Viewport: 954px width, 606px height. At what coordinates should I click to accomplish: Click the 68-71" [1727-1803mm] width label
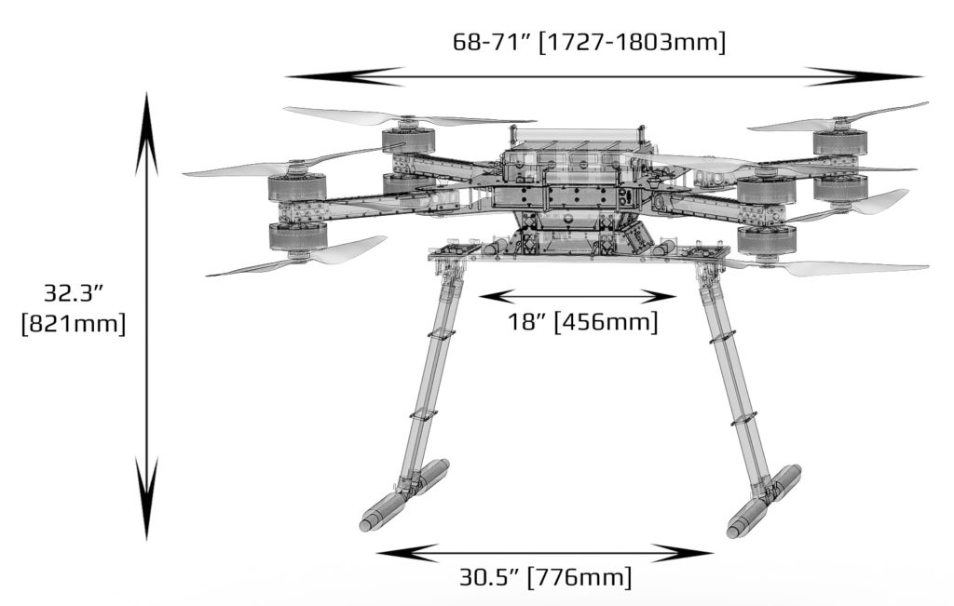[x=589, y=42]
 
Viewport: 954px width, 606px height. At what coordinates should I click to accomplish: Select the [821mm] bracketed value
[x=73, y=326]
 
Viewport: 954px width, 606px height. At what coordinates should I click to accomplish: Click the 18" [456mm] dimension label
[x=583, y=323]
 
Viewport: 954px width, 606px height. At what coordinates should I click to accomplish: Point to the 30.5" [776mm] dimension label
[x=545, y=577]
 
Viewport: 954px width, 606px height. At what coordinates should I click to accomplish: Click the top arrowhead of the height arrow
[x=146, y=130]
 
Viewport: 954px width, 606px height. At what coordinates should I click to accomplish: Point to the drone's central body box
[x=570, y=186]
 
